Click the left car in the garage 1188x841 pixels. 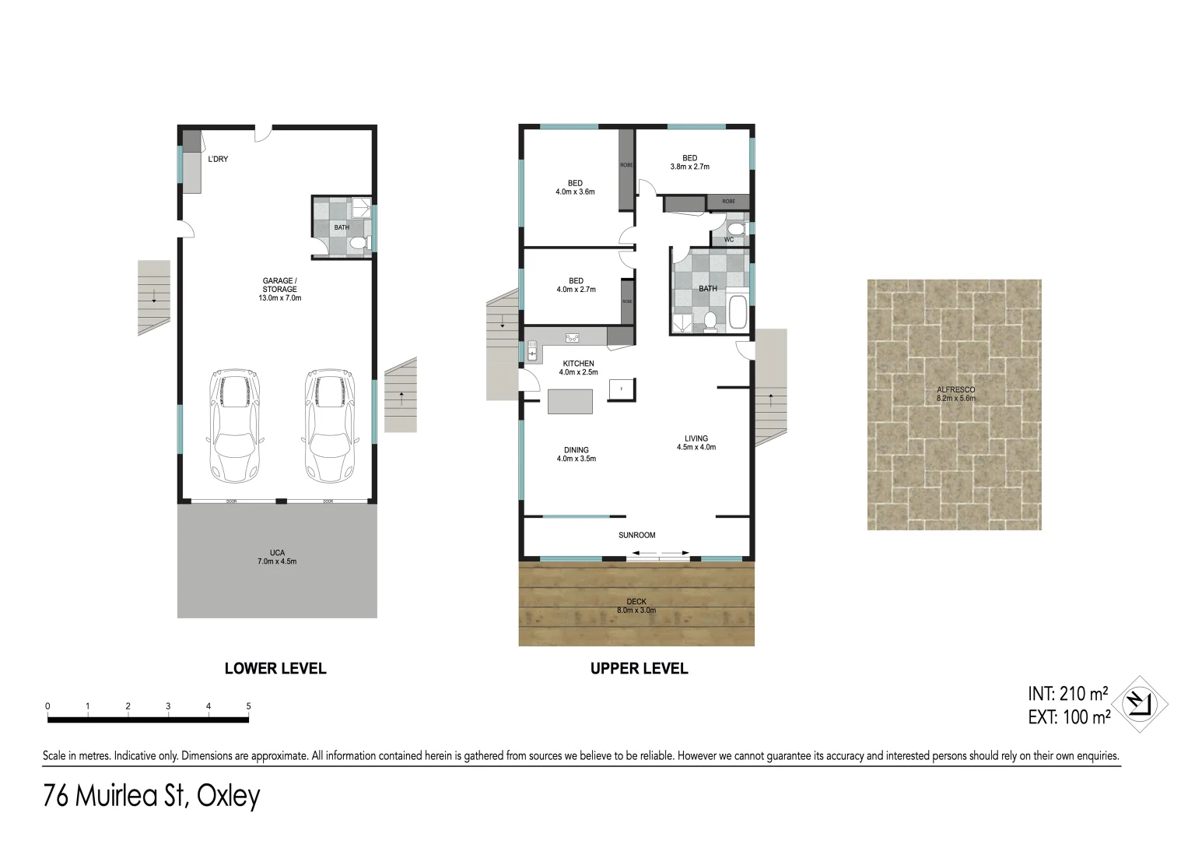(x=234, y=426)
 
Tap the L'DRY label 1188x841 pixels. (x=218, y=160)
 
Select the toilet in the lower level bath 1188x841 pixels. (x=357, y=244)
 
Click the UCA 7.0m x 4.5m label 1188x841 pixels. (x=277, y=557)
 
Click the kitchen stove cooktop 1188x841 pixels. (x=573, y=338)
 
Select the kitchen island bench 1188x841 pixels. (x=570, y=401)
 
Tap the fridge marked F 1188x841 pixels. (x=622, y=389)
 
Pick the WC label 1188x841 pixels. (x=729, y=240)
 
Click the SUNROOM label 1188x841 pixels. (x=636, y=535)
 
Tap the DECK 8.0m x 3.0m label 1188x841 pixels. (x=636, y=606)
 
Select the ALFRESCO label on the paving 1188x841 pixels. (x=955, y=394)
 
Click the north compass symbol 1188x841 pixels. (x=1140, y=704)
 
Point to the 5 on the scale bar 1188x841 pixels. (x=249, y=706)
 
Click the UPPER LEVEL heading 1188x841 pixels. (x=639, y=668)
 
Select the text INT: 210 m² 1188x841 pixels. (x=1067, y=693)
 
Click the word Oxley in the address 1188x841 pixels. (x=228, y=796)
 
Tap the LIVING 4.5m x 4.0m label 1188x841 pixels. (x=696, y=442)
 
